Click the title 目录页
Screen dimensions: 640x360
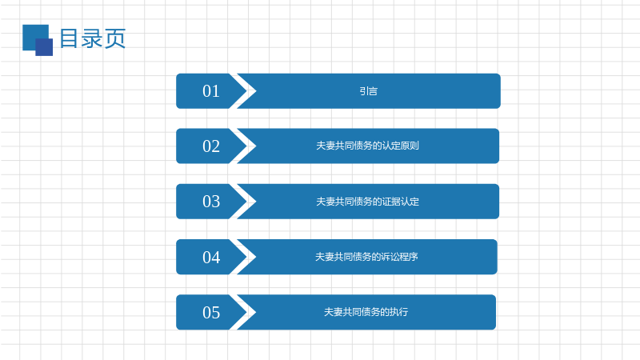pyautogui.click(x=93, y=38)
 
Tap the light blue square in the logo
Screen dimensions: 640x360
pyautogui.click(x=33, y=34)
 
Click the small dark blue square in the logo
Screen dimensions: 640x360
pyautogui.click(x=44, y=47)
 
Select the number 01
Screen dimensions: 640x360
pyautogui.click(x=211, y=91)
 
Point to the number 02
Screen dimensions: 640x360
pyautogui.click(x=211, y=146)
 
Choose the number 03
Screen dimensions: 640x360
pyautogui.click(x=211, y=202)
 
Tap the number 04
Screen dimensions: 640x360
pyautogui.click(x=211, y=257)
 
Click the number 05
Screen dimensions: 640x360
pyautogui.click(x=211, y=312)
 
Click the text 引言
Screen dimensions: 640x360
pyautogui.click(x=368, y=91)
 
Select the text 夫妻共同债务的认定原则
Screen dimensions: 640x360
pyautogui.click(x=367, y=146)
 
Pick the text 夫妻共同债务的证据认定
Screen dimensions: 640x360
pyautogui.click(x=367, y=202)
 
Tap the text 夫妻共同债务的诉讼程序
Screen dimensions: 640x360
pyautogui.click(x=366, y=257)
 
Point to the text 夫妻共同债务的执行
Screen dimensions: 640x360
pyautogui.click(x=366, y=312)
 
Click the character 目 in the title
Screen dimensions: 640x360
pyautogui.click(x=69, y=38)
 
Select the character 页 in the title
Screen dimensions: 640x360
pyautogui.click(x=115, y=38)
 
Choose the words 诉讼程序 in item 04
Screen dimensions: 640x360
pyautogui.click(x=399, y=257)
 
